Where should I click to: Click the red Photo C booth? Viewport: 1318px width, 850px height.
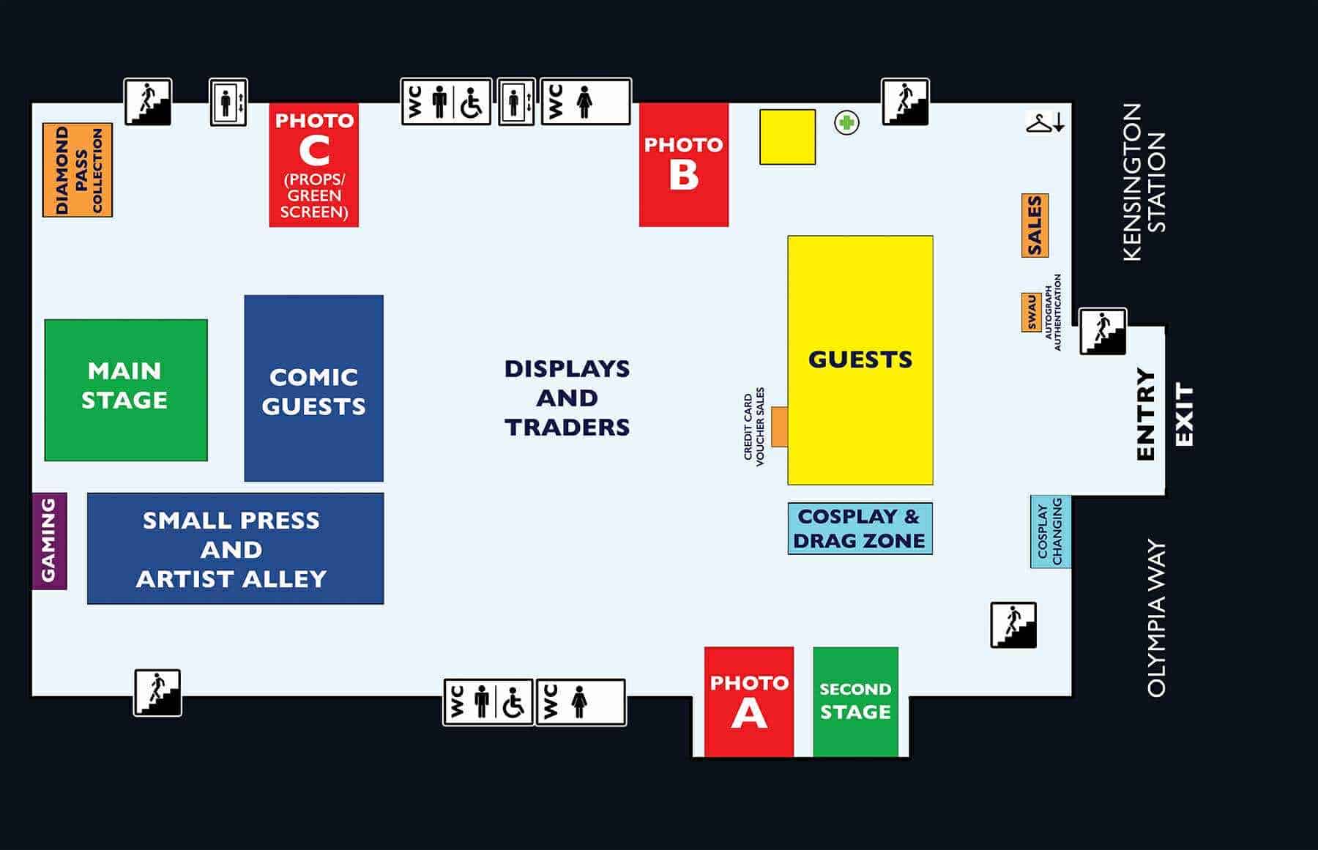click(313, 165)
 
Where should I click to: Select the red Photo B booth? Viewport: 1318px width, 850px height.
click(683, 165)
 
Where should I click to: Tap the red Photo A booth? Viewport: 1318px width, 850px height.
click(748, 701)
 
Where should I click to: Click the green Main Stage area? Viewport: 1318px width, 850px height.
click(126, 389)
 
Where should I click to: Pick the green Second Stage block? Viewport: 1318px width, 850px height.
click(855, 701)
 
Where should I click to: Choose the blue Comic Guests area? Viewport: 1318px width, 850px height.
click(313, 388)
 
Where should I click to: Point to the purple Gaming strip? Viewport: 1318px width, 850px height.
click(49, 540)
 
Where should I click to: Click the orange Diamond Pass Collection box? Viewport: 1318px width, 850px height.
click(78, 170)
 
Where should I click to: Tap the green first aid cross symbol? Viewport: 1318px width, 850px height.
click(846, 122)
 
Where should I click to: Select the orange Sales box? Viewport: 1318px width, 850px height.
click(1035, 225)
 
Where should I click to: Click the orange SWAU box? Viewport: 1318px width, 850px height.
click(1031, 313)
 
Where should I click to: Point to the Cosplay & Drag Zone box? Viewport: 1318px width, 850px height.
click(860, 529)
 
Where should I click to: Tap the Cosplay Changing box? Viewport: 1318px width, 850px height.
click(1050, 532)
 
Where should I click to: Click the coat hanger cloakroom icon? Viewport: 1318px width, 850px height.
click(1039, 123)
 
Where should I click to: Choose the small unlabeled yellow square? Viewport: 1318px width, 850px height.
click(787, 137)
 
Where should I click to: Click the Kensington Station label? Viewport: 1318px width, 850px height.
click(1144, 182)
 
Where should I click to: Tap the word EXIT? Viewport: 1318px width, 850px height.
click(1184, 414)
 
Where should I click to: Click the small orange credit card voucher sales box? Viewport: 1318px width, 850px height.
click(779, 426)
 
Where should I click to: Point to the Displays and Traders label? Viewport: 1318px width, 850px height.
click(567, 398)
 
